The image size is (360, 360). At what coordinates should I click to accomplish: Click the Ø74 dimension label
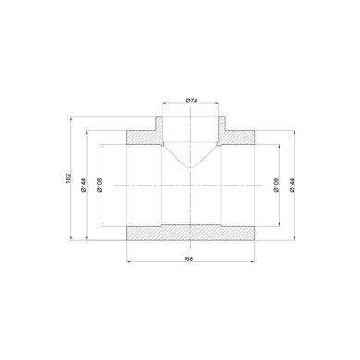tap(191, 101)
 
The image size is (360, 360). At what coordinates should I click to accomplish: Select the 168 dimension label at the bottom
tap(188, 258)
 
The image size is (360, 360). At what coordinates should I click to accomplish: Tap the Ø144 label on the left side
tap(84, 185)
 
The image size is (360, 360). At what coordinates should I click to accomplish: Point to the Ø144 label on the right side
tap(292, 185)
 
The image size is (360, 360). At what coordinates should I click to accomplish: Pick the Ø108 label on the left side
tap(99, 185)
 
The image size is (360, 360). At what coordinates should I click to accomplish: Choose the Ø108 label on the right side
tap(276, 185)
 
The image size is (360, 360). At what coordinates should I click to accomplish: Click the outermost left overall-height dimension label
tap(68, 178)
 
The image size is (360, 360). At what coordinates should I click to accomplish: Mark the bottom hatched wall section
tap(191, 233)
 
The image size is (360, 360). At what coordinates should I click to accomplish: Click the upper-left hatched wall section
tap(145, 135)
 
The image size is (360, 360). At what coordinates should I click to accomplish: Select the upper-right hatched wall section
tap(236, 135)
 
